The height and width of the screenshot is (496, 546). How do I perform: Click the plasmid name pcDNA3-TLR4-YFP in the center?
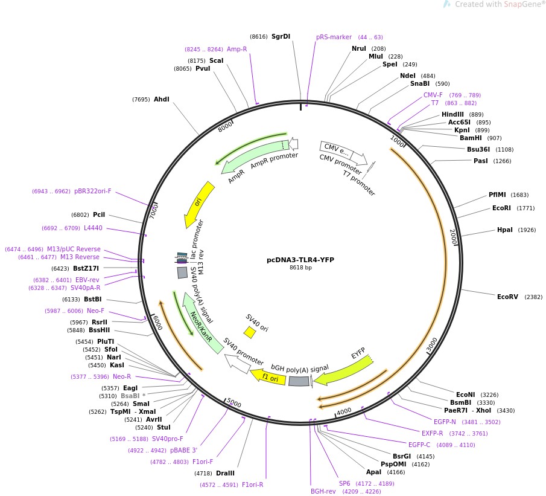click(300, 260)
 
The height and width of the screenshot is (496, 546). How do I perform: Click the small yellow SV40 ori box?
click(249, 332)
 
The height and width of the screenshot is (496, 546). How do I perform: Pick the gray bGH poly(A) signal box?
click(299, 381)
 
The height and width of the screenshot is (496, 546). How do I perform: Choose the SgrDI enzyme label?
click(281, 36)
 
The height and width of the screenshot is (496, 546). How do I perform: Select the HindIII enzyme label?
click(453, 114)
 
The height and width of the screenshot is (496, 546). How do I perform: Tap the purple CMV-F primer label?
click(433, 95)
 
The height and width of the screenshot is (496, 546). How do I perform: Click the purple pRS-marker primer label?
click(334, 37)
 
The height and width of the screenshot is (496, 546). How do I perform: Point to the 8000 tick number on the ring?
click(225, 127)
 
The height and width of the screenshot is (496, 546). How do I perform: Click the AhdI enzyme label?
click(162, 99)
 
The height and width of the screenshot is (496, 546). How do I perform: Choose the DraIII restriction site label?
click(225, 473)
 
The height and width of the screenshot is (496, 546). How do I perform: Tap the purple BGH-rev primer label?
click(323, 491)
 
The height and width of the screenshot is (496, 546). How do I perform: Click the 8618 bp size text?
click(300, 268)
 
